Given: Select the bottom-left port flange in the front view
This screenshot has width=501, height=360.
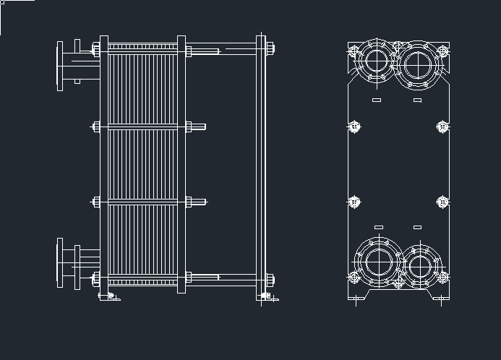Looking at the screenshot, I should click(x=378, y=262).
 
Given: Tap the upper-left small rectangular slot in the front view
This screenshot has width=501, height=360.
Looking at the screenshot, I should click(x=376, y=99).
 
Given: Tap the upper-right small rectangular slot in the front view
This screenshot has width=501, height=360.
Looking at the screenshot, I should click(x=417, y=99).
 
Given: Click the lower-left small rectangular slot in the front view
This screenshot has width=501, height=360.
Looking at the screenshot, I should click(x=378, y=227).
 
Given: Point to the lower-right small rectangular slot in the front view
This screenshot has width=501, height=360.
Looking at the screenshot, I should click(x=417, y=227).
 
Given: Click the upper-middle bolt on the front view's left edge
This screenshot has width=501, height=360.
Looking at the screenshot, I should click(x=354, y=127).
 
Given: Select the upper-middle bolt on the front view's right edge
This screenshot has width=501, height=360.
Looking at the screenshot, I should click(x=442, y=127).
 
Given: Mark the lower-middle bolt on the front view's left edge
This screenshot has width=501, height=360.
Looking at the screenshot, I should click(x=354, y=202).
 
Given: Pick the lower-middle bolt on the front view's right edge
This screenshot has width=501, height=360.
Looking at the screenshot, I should click(x=442, y=202).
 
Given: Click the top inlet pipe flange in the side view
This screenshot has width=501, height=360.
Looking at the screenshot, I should click(x=61, y=66).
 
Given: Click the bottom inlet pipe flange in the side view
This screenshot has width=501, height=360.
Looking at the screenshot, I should click(x=61, y=263).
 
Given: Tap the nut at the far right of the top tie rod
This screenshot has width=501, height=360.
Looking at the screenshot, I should click(x=270, y=49).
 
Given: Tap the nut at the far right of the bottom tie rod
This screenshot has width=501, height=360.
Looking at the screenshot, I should click(x=270, y=278).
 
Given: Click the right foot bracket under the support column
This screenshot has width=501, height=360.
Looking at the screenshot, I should click(x=267, y=296).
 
